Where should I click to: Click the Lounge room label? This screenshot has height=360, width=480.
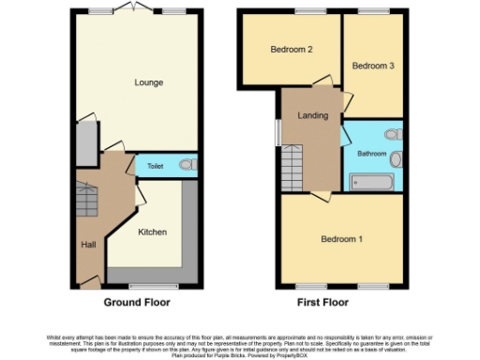coord(149,82)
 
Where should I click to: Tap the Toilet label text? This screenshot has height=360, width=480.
coord(156,166)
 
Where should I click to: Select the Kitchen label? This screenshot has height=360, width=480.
coord(153,231)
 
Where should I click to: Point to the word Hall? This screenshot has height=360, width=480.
coord(88,245)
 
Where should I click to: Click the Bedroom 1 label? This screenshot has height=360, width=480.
coord(341,239)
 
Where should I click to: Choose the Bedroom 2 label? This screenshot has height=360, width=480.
coord(291,50)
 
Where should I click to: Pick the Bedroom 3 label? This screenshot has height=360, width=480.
coord(372,66)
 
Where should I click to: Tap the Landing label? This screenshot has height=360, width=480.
coord(311,115)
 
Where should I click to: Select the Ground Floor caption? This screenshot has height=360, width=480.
coord(137,303)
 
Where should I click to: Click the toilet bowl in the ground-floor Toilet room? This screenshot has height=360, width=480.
coord(186,165)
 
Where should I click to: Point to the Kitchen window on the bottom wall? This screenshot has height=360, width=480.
coord(143,285)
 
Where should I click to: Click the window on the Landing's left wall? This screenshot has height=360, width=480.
coord(277,132)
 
